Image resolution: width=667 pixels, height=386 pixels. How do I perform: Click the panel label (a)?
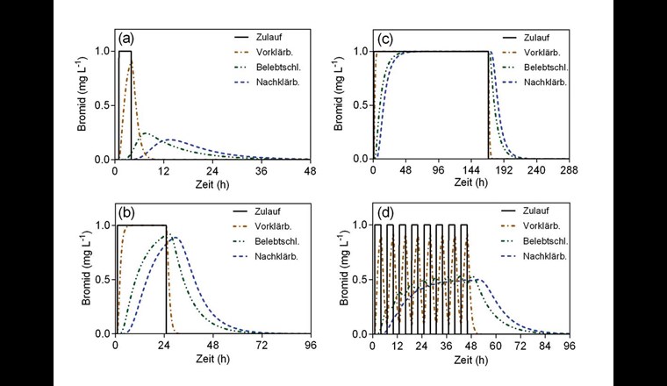click(126, 41)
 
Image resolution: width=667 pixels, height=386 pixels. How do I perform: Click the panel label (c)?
click(384, 41)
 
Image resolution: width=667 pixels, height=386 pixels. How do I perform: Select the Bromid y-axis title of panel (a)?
click(80, 104)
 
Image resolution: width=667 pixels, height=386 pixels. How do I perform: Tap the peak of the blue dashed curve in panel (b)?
click(176, 237)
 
